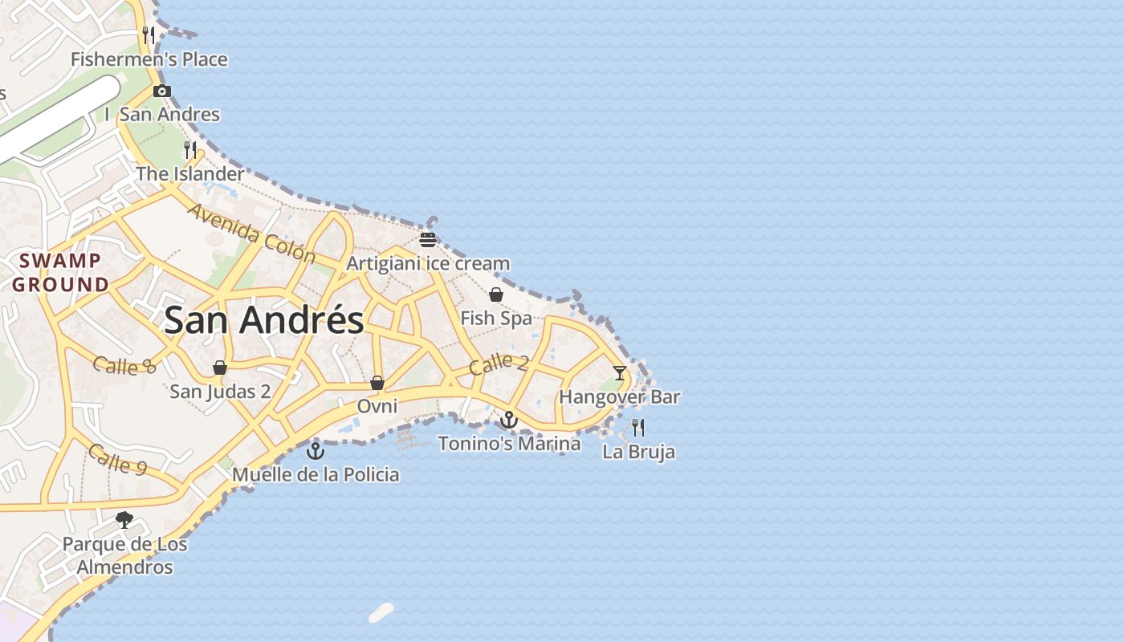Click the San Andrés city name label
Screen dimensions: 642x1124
click(x=263, y=320)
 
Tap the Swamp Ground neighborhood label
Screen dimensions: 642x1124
click(x=60, y=272)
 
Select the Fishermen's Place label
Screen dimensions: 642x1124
click(x=149, y=59)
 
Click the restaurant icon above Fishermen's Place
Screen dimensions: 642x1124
click(x=149, y=35)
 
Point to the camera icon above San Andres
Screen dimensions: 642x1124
click(x=162, y=91)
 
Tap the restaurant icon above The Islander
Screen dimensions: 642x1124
click(x=190, y=149)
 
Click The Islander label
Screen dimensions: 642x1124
click(x=189, y=173)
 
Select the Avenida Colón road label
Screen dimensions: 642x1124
click(x=251, y=233)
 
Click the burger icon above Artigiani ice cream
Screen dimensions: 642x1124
click(x=428, y=239)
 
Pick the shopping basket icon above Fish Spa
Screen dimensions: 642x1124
click(x=496, y=295)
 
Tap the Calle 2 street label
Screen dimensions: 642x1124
click(x=499, y=364)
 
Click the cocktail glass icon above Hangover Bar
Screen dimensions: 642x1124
click(x=620, y=372)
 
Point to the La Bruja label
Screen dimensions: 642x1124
click(x=638, y=452)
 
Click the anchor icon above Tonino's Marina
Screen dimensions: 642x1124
click(x=509, y=419)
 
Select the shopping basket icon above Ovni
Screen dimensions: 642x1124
click(x=377, y=383)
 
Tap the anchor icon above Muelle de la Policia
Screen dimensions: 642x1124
click(x=316, y=450)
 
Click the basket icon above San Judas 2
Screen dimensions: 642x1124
click(x=220, y=368)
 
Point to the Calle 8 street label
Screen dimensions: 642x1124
click(x=124, y=366)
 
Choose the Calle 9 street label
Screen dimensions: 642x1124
click(x=117, y=458)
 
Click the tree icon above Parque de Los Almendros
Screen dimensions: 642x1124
click(x=124, y=520)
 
